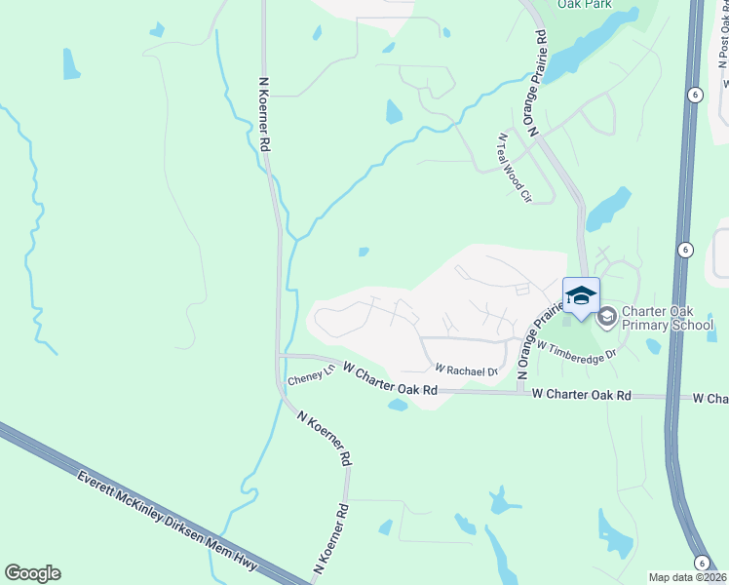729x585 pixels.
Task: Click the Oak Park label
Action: click(x=584, y=5)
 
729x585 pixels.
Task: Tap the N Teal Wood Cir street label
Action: click(x=515, y=168)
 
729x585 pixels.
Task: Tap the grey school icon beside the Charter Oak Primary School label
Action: click(x=606, y=315)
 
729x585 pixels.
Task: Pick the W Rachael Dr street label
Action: click(x=466, y=370)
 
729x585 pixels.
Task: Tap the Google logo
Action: click(x=32, y=573)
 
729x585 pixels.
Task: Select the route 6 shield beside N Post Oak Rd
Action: click(x=694, y=95)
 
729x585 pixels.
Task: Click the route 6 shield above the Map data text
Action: click(x=700, y=563)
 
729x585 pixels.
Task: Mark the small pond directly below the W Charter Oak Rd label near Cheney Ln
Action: click(x=397, y=405)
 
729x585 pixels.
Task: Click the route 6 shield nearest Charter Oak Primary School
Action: click(x=685, y=251)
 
